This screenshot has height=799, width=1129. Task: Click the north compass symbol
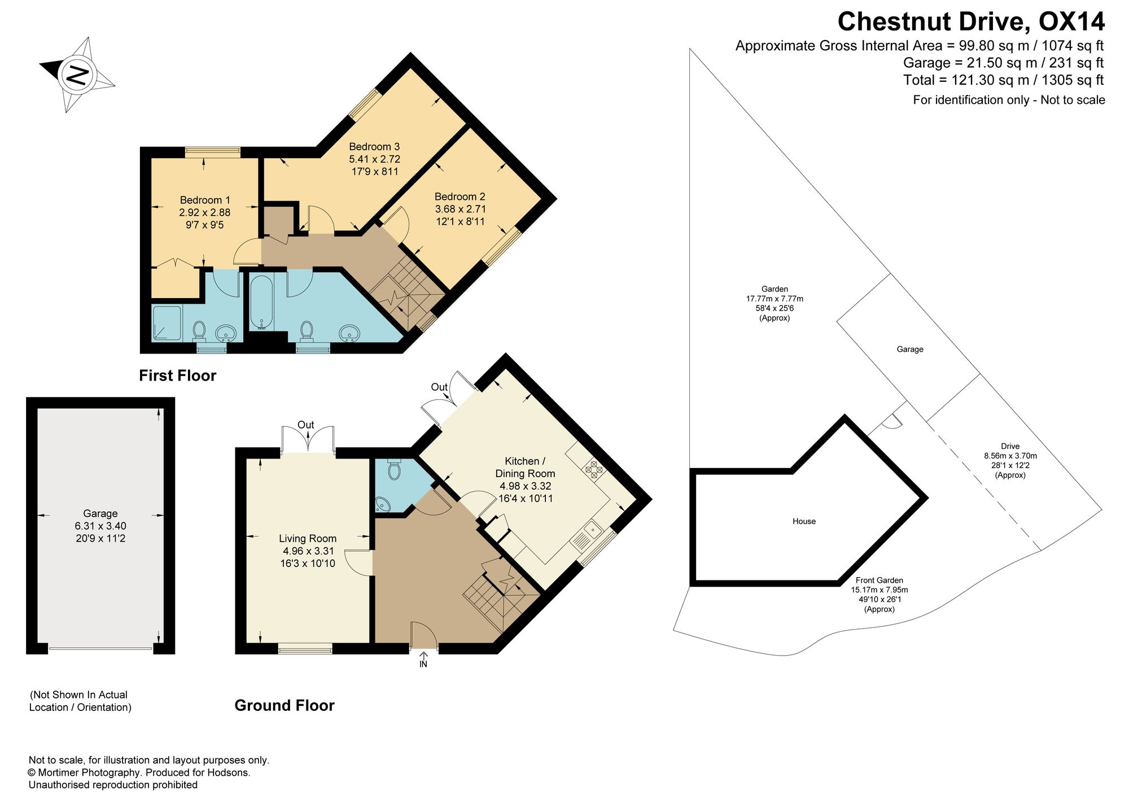77,74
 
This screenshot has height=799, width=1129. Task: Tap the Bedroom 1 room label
205,200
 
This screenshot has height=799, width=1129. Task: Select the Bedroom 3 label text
374,147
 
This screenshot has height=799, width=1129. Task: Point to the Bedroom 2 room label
460,197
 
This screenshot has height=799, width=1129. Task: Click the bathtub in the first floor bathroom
261,303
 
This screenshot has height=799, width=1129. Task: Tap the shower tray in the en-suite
167,323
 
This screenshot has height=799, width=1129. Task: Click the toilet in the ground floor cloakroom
394,469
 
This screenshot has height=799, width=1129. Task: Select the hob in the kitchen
593,469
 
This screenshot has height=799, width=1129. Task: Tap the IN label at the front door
423,664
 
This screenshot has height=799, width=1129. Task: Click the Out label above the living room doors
306,425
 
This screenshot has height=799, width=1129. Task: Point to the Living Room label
308,539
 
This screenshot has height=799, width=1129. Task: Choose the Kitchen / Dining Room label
525,468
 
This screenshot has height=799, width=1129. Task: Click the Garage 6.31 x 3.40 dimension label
100,526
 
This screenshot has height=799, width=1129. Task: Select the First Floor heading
178,376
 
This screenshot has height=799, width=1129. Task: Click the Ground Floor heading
285,705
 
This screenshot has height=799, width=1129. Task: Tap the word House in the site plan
804,521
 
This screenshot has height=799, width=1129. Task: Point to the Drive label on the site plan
1010,446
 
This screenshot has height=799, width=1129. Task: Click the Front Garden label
879,580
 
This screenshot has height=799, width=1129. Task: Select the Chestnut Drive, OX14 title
971,21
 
